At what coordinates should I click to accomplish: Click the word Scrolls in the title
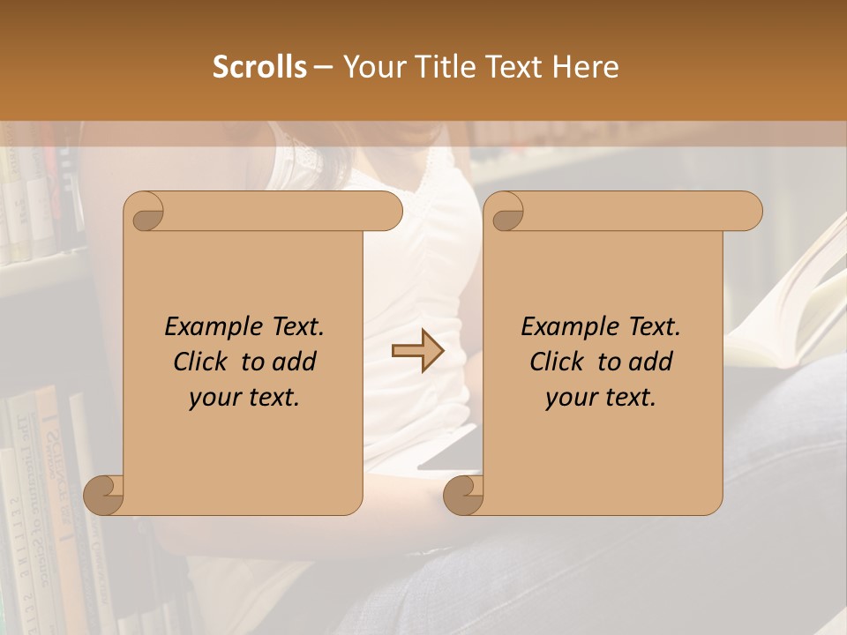(259, 66)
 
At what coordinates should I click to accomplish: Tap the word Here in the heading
(585, 66)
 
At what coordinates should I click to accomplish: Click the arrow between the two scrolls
(417, 351)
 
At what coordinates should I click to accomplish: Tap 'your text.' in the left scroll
(244, 398)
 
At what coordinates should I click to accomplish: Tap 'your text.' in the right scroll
(601, 398)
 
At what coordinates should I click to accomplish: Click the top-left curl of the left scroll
(145, 213)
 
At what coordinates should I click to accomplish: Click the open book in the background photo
(798, 309)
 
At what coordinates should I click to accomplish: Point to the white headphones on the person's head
(282, 150)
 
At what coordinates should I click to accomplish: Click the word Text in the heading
(516, 66)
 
